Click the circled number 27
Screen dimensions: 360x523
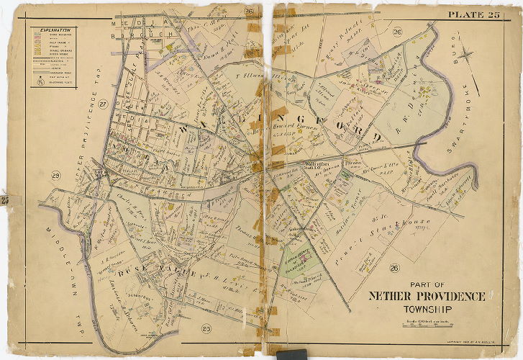[102, 104]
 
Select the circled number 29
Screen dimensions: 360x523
[55, 176]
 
